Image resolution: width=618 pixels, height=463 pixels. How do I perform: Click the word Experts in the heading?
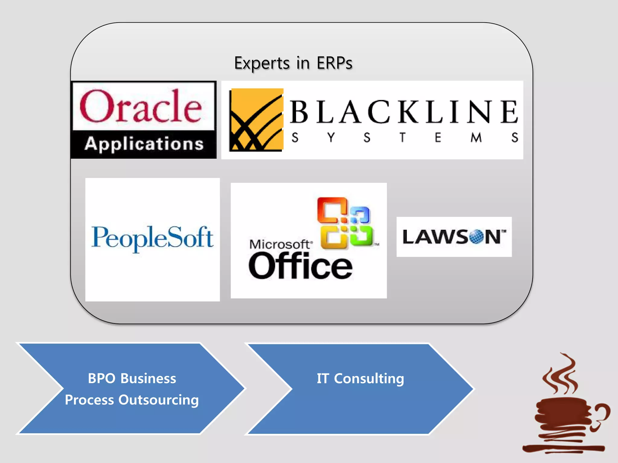coord(262,64)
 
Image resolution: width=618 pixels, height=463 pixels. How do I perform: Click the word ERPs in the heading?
coord(334,63)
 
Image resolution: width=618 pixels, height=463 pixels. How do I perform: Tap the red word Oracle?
coord(141,107)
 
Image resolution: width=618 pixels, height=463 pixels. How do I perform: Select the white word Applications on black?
coord(144,144)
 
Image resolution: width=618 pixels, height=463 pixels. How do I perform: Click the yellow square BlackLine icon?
coord(256,120)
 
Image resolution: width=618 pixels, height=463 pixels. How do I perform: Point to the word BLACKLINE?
coord(404,112)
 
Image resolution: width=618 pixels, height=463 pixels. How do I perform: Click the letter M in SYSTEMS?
coord(476,137)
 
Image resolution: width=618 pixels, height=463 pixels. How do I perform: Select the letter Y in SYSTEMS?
coord(331,137)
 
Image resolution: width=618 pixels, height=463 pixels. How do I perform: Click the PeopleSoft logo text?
coord(152,238)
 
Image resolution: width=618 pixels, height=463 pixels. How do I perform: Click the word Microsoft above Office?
coord(279,244)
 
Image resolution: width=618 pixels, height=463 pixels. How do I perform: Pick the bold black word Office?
coord(300,266)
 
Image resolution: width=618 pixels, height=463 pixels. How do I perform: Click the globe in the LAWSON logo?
coord(476,237)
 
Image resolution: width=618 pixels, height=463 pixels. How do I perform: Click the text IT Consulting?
coord(360,378)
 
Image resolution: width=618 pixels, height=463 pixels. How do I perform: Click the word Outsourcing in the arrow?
coord(158,400)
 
